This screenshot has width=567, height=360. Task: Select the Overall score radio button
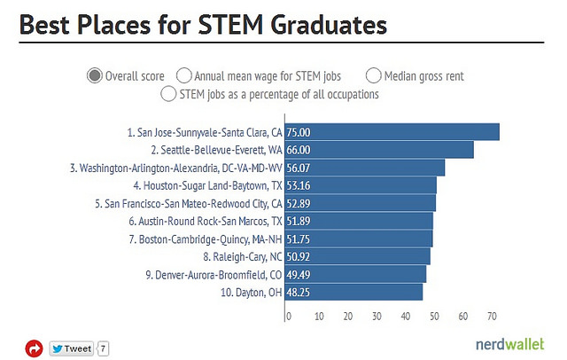95,75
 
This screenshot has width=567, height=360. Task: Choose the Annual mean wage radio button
184,75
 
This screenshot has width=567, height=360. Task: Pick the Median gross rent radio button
373,75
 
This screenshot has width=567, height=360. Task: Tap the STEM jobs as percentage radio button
167,93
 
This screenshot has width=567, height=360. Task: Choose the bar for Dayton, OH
353,292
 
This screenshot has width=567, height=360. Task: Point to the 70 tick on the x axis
493,315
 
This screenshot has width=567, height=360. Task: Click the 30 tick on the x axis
376,315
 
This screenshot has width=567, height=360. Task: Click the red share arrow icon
34,348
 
